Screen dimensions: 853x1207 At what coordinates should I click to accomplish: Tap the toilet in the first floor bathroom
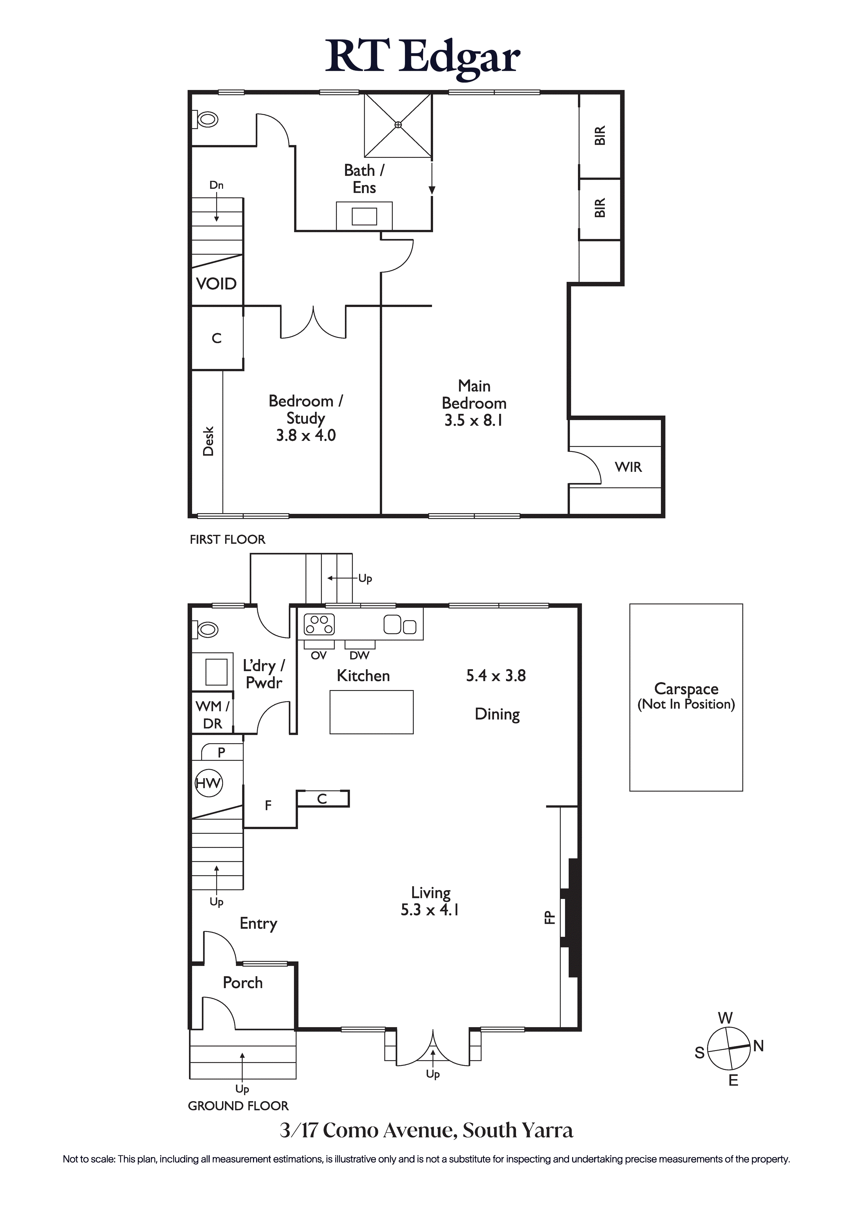click(205, 119)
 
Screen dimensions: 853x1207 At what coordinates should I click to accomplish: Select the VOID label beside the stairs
click(216, 284)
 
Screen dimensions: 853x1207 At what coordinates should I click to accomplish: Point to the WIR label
click(629, 467)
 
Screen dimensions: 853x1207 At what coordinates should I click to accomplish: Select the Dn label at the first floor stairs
click(217, 185)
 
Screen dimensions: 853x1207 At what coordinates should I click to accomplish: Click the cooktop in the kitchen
click(319, 625)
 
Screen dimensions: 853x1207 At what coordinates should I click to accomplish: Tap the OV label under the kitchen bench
click(319, 656)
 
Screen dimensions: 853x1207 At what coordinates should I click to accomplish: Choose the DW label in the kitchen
click(360, 656)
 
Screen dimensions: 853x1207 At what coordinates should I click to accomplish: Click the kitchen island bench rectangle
click(372, 712)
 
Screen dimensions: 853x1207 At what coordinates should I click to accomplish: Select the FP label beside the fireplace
click(549, 917)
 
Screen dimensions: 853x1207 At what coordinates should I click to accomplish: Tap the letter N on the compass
click(758, 1046)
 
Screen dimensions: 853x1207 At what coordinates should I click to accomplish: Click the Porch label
click(242, 983)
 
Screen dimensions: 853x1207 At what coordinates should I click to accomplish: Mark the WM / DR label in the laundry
click(212, 715)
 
